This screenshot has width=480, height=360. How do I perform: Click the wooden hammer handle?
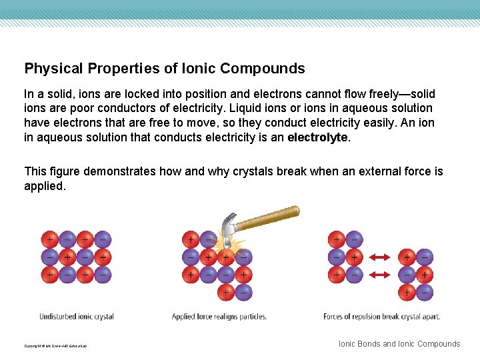(x=267, y=218)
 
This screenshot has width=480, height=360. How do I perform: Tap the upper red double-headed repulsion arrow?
(x=380, y=257)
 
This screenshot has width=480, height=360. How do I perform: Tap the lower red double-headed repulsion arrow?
(x=380, y=274)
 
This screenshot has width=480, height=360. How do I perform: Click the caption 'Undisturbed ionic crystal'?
(x=77, y=317)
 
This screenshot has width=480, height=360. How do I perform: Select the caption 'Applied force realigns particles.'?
(x=219, y=317)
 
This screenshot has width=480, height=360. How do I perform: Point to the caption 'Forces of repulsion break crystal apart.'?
(x=381, y=317)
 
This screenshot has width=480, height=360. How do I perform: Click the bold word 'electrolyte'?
(x=317, y=137)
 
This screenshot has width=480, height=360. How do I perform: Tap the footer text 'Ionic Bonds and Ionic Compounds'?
(x=399, y=344)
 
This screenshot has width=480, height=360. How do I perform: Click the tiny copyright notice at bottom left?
(x=55, y=346)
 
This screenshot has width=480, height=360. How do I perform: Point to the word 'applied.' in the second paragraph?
(x=45, y=186)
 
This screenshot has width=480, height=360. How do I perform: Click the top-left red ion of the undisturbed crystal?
(x=49, y=239)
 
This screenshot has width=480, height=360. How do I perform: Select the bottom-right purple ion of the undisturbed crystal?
(x=102, y=274)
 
